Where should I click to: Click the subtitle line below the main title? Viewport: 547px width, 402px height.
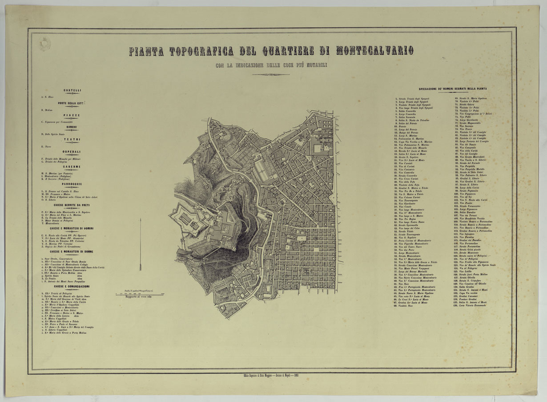pos(271,65)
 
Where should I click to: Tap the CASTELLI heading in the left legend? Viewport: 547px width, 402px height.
pos(72,90)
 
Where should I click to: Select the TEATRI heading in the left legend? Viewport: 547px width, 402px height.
pos(72,139)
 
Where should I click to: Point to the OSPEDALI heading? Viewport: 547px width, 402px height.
pos(72,152)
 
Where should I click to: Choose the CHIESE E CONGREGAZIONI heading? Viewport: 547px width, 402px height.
pos(72,286)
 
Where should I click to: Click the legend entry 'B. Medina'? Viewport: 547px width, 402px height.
pos(47,110)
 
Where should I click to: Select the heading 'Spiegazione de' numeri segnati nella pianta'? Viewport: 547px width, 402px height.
pos(452,89)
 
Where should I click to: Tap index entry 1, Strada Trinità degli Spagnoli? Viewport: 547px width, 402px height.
pos(413,98)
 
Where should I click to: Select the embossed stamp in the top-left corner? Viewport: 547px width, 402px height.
pos(45,44)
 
